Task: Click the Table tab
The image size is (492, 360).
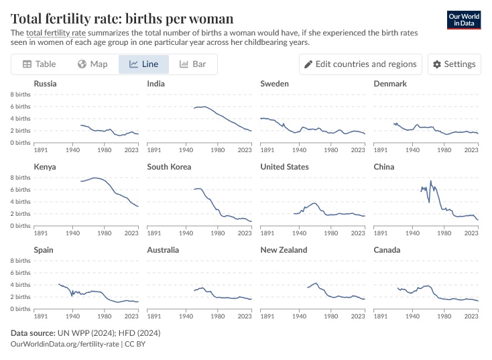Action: (x=39, y=64)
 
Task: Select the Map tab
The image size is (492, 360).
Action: (x=93, y=64)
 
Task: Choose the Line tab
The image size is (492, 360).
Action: (x=143, y=64)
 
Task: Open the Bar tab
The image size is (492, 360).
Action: (x=192, y=64)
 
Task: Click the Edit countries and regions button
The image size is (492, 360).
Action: (x=361, y=64)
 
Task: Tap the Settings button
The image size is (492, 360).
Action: (x=454, y=64)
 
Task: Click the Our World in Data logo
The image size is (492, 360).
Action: (x=463, y=19)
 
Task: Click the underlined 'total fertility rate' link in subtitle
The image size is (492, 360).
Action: (x=56, y=32)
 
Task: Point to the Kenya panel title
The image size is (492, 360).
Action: (x=45, y=167)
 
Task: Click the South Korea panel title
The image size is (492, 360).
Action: (x=169, y=167)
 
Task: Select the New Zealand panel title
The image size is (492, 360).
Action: (x=284, y=250)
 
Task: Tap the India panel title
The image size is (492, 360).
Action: (x=156, y=84)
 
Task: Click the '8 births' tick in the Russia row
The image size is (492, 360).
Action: (x=21, y=95)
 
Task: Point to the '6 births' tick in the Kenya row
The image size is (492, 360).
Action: (x=21, y=190)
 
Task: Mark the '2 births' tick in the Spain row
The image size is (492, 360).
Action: (x=21, y=297)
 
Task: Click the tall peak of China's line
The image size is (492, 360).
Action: (x=430, y=181)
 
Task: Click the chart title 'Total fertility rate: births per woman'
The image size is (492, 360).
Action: (x=122, y=17)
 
